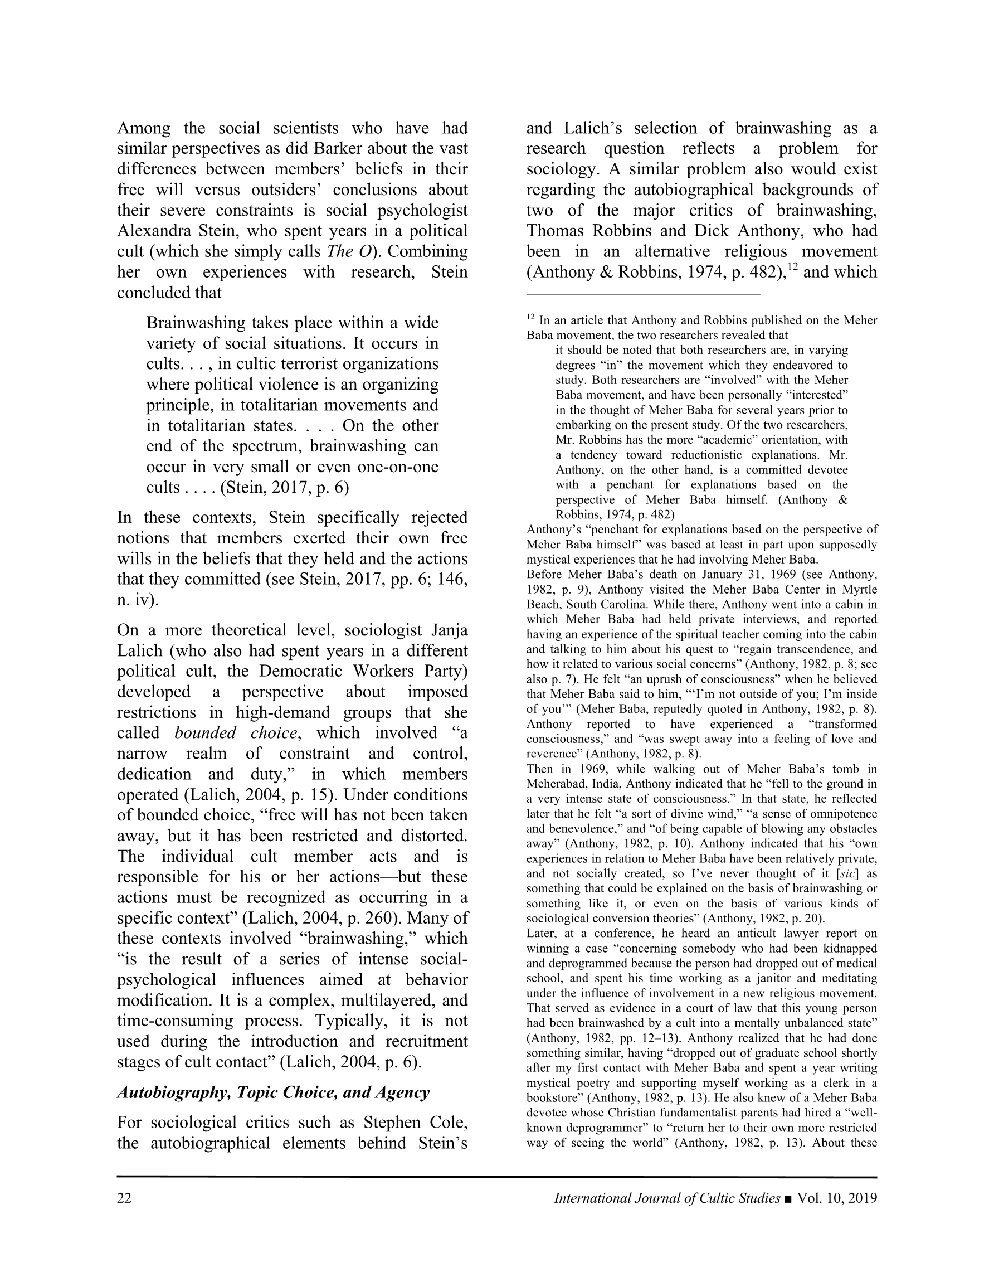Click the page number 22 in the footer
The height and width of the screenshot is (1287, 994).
click(x=124, y=1198)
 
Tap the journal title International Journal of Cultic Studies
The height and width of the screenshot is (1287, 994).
click(x=667, y=1198)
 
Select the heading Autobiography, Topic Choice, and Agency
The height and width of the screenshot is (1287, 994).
click(x=274, y=1092)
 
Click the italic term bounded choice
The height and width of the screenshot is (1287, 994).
click(x=236, y=733)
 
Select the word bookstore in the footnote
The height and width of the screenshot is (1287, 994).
click(x=554, y=1098)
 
